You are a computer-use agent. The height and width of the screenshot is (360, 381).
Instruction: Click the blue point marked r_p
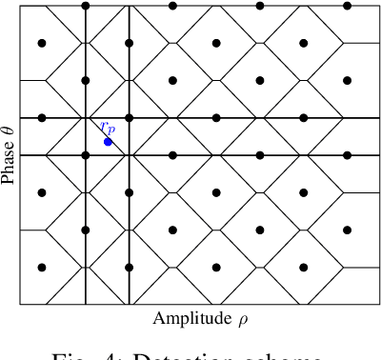click(x=108, y=142)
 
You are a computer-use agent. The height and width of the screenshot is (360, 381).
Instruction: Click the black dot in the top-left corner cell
click(x=42, y=43)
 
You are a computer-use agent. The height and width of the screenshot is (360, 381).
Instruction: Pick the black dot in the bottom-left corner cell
click(x=42, y=268)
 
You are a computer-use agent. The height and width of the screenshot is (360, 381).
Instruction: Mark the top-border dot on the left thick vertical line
click(x=86, y=6)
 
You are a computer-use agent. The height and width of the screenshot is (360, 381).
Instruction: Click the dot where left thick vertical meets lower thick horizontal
click(x=86, y=155)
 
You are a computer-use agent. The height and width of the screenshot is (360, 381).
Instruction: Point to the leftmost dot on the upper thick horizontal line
click(x=42, y=118)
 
